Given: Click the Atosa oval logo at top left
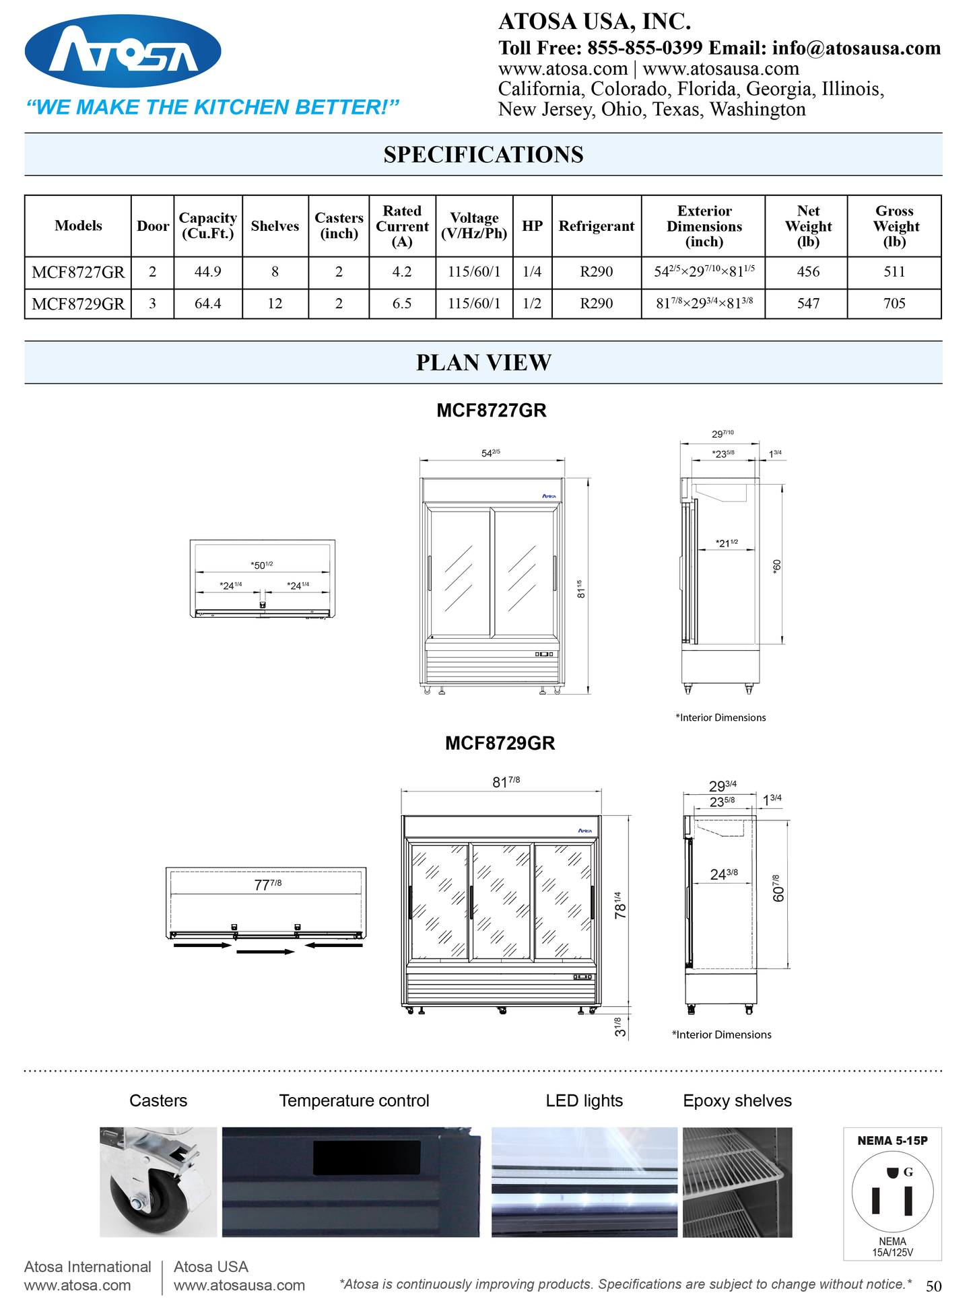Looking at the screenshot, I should (x=123, y=51).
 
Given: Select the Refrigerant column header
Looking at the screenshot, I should (x=596, y=226).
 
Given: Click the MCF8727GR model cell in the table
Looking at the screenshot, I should (x=78, y=272).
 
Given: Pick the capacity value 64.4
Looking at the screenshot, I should (x=207, y=304).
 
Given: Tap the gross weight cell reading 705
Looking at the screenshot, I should (x=894, y=304).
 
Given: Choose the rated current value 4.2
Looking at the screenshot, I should (x=402, y=272).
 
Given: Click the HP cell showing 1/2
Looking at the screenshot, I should (x=532, y=304).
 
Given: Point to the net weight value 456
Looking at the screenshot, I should (x=808, y=272).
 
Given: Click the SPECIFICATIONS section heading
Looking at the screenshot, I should (x=483, y=155).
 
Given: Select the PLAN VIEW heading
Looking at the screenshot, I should (x=483, y=363).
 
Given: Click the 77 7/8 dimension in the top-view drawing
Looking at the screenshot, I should (x=267, y=884).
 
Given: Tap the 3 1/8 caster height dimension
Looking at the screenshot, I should (x=620, y=1026).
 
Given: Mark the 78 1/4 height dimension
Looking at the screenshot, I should (x=620, y=905).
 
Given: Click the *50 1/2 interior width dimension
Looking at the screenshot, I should (x=262, y=565).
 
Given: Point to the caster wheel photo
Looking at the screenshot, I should (x=158, y=1182).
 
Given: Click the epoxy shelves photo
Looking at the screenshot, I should (x=737, y=1182).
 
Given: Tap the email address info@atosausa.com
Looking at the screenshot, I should (x=856, y=48).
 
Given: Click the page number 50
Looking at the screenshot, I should (x=933, y=1286).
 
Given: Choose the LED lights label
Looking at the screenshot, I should (x=584, y=1100).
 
